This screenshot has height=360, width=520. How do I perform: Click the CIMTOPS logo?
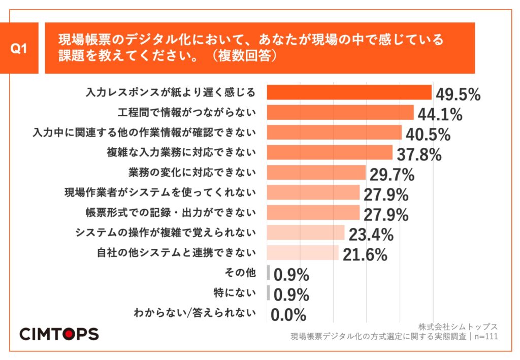coord(59,334)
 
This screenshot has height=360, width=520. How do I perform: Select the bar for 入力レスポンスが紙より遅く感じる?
coord(349,92)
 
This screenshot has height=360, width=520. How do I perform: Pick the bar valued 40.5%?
coord(334,133)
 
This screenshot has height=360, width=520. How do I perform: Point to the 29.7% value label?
coord(392,175)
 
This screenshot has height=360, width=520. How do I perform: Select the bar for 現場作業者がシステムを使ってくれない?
coord(313,193)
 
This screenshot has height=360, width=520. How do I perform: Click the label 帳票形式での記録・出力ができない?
coord(170,212)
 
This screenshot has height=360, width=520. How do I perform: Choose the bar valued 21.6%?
coord(303,253)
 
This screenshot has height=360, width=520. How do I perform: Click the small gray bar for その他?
coord(268,273)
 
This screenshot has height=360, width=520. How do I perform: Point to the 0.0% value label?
coord(288,315)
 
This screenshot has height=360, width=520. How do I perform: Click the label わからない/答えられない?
coord(194,313)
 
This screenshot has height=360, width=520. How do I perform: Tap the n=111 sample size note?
coord(485,336)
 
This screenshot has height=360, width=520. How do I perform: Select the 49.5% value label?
coord(458,94)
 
